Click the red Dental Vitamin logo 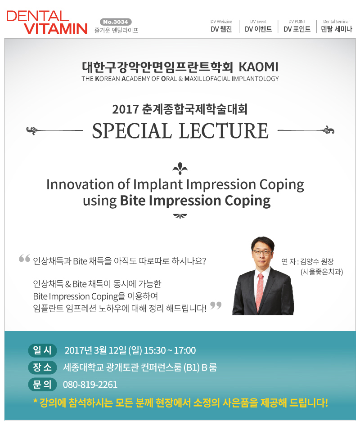click(47, 22)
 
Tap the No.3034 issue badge click(116, 22)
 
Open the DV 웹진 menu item click(221, 26)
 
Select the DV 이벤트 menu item click(258, 26)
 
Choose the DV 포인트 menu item click(297, 26)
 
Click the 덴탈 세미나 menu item click(336, 26)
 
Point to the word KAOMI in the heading click(258, 67)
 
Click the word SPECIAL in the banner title click(132, 131)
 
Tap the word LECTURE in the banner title click(224, 131)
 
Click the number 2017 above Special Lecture click(125, 109)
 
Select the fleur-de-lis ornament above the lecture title click(180, 168)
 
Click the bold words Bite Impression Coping click(195, 201)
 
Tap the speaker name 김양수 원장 click(317, 261)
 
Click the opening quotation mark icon click(24, 258)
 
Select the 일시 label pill click(42, 350)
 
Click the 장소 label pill click(42, 367)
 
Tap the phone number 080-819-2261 click(90, 385)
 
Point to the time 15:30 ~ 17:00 click(170, 351)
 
